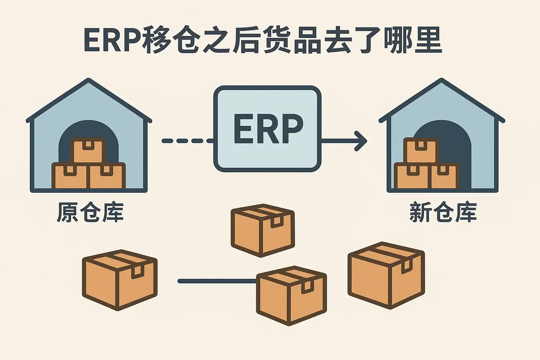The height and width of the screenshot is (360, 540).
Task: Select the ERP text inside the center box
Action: click(x=268, y=129)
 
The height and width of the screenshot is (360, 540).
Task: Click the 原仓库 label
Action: click(x=90, y=212)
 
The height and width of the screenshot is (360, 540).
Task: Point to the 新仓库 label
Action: click(x=443, y=212)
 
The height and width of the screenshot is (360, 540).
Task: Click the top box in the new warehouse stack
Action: click(x=420, y=150)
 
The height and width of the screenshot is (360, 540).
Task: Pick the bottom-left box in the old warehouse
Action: click(x=70, y=176)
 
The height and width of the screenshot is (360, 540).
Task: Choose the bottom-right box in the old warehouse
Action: click(x=107, y=176)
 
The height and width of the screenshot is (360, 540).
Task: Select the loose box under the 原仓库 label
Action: click(x=120, y=279)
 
